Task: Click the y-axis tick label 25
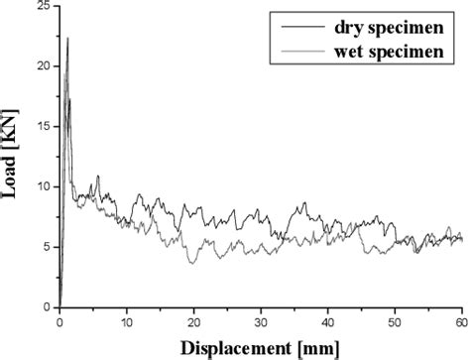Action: (x=41, y=8)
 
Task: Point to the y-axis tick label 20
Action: (x=41, y=66)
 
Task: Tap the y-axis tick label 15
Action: (x=41, y=127)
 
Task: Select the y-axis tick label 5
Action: (x=45, y=247)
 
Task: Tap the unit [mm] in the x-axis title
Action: (x=314, y=347)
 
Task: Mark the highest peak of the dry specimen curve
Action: (x=67, y=38)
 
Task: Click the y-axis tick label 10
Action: (x=41, y=186)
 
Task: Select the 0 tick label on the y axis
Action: (x=45, y=307)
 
